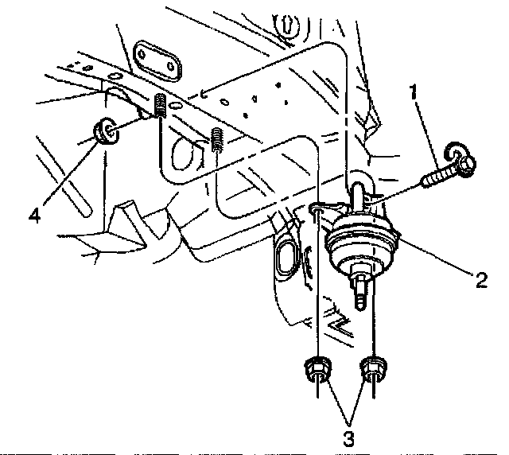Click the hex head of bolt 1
tap(465, 162)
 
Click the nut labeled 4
tap(103, 130)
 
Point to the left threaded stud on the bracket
tap(159, 104)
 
